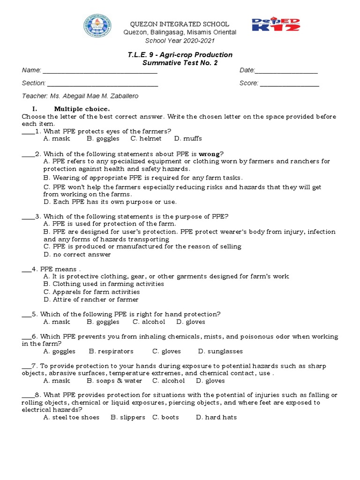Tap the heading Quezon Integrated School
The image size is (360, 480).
tap(179, 24)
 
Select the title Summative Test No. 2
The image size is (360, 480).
tap(180, 63)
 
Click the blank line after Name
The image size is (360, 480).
tap(100, 71)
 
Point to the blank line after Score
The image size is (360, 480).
tap(289, 83)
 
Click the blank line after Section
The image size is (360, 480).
tap(103, 83)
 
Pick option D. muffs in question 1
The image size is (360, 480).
tap(188, 139)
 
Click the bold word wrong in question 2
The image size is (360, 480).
tap(209, 154)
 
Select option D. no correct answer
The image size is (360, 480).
tap(77, 255)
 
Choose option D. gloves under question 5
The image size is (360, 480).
tap(191, 322)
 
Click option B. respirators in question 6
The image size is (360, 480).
tap(111, 351)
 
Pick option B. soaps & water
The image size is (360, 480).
tap(114, 381)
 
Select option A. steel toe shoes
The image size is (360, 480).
tap(71, 417)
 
